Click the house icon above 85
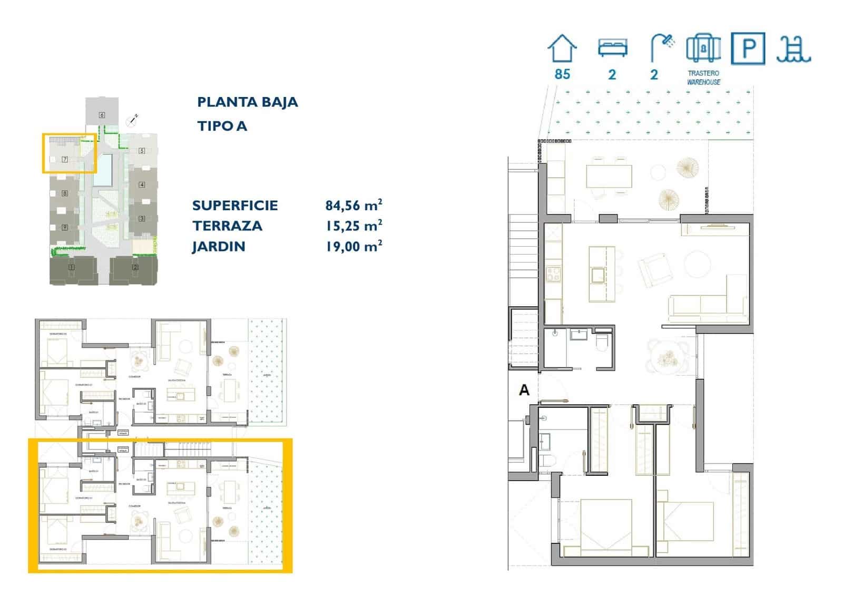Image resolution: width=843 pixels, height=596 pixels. pos(562,49)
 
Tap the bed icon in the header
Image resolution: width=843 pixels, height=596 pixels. pos(612,48)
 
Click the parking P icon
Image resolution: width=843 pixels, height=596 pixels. pos(748,48)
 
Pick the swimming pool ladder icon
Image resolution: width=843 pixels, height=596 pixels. pos(793,50)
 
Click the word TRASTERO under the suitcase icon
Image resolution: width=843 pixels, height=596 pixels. pos(703,73)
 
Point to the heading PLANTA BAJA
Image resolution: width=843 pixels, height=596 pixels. pos(247,102)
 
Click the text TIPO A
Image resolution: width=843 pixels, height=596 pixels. pos(222,126)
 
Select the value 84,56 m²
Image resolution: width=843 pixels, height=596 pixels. pos(354,205)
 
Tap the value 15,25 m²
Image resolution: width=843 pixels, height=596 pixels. pos(354,226)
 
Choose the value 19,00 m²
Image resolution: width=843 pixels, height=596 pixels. pos(354,246)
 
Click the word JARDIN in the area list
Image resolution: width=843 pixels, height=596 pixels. pos(219,247)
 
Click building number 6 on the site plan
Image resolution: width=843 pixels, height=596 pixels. pos(102,115)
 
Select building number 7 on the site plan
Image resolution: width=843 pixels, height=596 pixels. pos(65,159)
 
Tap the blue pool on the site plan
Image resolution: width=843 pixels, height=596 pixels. pos(104,170)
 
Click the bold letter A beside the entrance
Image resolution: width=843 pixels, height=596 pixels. pos(524,390)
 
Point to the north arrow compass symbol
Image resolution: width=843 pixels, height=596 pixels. pos(132,121)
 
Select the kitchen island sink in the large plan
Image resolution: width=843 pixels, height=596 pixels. pos(598,275)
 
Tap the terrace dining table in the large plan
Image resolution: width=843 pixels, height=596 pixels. pos(609,176)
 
